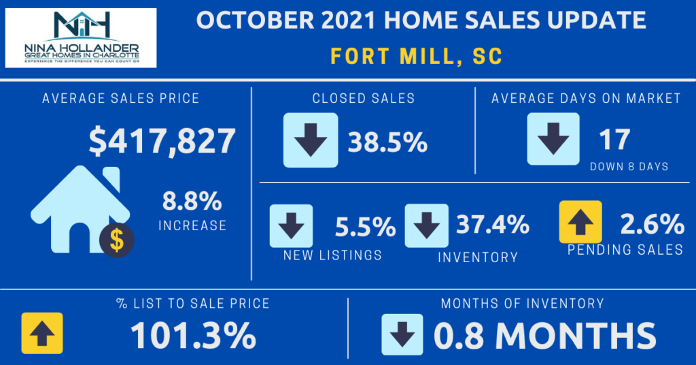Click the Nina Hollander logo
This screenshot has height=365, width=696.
81,37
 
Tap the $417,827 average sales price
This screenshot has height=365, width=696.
162,142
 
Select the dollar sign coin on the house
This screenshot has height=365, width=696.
116,240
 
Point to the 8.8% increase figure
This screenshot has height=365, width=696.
192,202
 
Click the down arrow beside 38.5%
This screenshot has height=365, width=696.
310,140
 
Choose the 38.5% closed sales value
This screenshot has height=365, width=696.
387,142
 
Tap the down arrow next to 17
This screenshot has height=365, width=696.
553,139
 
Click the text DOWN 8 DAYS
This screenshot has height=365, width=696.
629,167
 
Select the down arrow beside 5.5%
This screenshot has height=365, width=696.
291,225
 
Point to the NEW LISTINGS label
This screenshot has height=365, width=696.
332,255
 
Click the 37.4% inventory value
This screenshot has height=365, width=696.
492,224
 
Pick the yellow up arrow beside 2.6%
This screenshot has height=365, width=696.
580,222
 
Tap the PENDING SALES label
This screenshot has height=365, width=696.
625,250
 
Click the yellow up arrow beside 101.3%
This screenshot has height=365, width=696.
42,334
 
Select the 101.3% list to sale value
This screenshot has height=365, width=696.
193,335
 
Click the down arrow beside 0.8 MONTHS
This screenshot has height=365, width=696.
402,334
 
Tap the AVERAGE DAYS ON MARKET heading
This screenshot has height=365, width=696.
586,99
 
